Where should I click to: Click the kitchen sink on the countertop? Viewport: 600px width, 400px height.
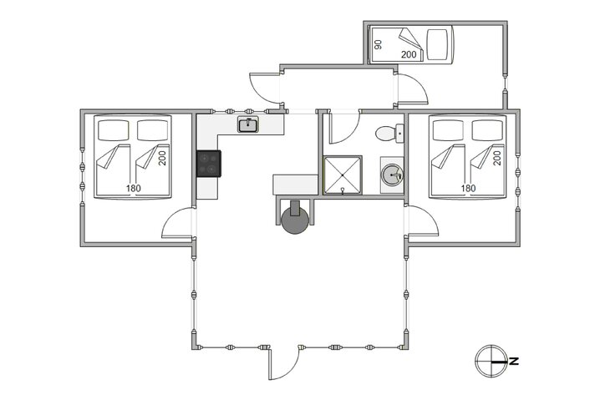point(247,126)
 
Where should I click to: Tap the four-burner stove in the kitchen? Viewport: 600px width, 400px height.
point(208,163)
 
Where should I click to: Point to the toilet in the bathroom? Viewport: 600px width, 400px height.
point(388,133)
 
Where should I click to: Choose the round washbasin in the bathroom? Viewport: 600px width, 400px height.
point(391,175)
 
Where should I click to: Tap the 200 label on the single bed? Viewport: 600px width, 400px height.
point(409,54)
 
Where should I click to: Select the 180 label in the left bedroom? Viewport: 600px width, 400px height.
point(134,188)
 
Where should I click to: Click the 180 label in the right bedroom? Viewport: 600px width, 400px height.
point(468,188)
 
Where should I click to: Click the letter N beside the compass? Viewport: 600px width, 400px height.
point(515,362)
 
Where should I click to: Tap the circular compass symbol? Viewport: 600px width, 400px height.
point(489,361)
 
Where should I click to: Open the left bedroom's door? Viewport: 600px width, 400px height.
point(178,225)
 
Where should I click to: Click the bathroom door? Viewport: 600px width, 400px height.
point(339,129)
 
